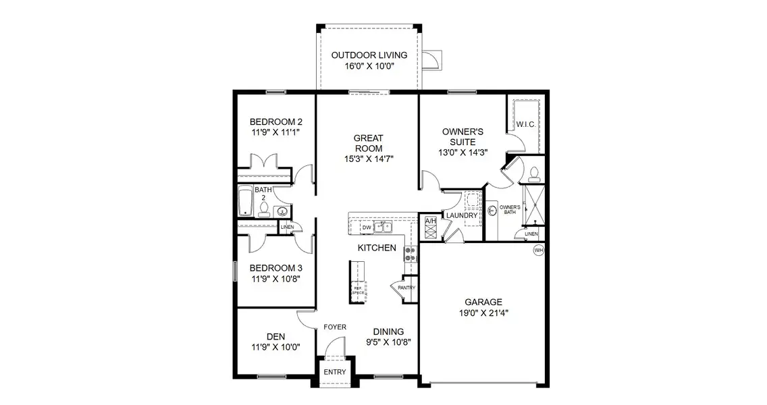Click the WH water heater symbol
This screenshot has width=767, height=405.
click(x=538, y=250)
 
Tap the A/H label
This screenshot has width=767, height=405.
click(x=430, y=221)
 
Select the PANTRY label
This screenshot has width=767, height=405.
click(x=406, y=288)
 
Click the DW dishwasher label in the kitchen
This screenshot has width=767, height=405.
click(x=366, y=227)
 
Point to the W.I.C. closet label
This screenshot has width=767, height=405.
click(x=525, y=125)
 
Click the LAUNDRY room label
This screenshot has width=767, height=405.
click(x=462, y=216)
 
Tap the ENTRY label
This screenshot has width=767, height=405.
click(x=334, y=372)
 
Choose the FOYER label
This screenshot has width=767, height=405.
click(x=335, y=327)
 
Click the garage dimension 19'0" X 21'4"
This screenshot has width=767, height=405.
click(x=483, y=313)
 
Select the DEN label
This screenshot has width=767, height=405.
click(x=275, y=335)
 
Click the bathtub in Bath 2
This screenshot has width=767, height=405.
click(x=244, y=202)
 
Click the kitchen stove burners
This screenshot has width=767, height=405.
click(x=409, y=253)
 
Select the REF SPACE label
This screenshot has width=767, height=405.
click(x=358, y=290)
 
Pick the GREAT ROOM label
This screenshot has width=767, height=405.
click(x=368, y=143)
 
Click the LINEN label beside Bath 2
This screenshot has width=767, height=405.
click(x=286, y=227)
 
